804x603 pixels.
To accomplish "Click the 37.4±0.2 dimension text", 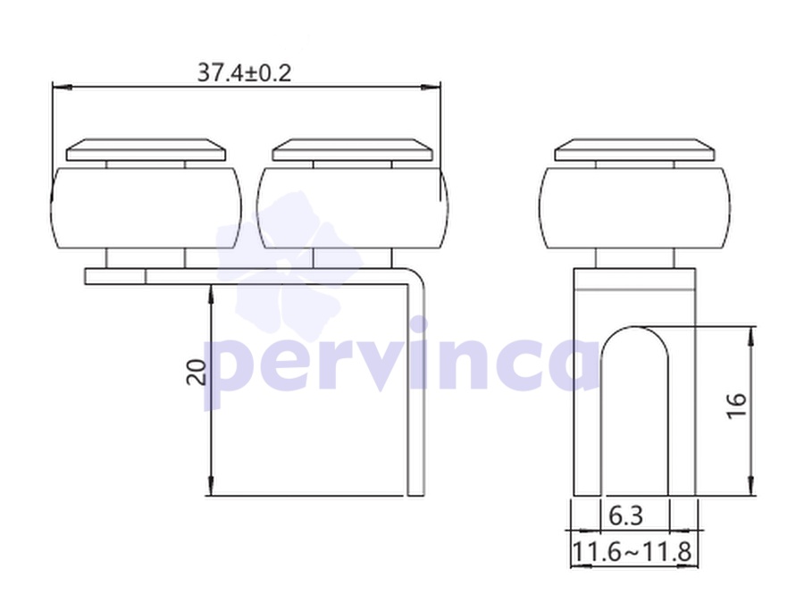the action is pyautogui.click(x=244, y=73).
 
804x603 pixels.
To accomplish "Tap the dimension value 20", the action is pyautogui.click(x=197, y=373).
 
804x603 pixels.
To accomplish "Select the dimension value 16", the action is pyautogui.click(x=737, y=406).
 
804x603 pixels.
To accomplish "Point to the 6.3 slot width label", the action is pyautogui.click(x=625, y=515).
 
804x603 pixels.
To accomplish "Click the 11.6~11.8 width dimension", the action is pyautogui.click(x=632, y=552).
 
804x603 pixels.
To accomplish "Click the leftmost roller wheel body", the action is pyautogui.click(x=147, y=208).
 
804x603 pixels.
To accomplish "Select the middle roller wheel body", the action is pyautogui.click(x=352, y=208).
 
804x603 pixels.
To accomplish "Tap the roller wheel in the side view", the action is pyautogui.click(x=635, y=208).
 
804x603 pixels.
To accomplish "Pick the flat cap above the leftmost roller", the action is pyautogui.click(x=147, y=150).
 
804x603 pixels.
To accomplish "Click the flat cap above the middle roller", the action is pyautogui.click(x=352, y=150).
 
